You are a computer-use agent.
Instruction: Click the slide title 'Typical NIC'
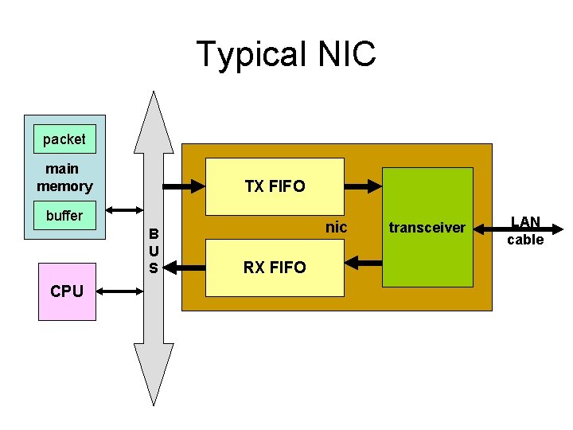click(286, 54)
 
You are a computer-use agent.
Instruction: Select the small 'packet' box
click(64, 139)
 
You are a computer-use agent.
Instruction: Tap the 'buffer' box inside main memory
click(64, 216)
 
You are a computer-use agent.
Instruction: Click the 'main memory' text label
click(64, 177)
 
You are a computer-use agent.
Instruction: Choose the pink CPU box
click(67, 291)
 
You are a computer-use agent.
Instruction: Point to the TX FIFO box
click(275, 186)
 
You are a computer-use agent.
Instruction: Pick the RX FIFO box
click(275, 267)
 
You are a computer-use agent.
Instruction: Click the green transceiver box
click(427, 227)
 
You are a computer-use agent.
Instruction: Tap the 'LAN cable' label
click(525, 231)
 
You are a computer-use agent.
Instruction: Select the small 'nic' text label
click(337, 227)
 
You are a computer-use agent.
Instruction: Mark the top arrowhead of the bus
click(154, 123)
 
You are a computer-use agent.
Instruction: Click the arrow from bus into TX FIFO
click(184, 187)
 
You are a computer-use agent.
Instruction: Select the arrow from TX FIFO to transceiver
click(364, 187)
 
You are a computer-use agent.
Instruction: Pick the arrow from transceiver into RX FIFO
click(364, 261)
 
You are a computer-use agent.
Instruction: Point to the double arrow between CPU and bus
click(120, 292)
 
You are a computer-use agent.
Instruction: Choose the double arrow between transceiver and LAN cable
click(489, 229)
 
